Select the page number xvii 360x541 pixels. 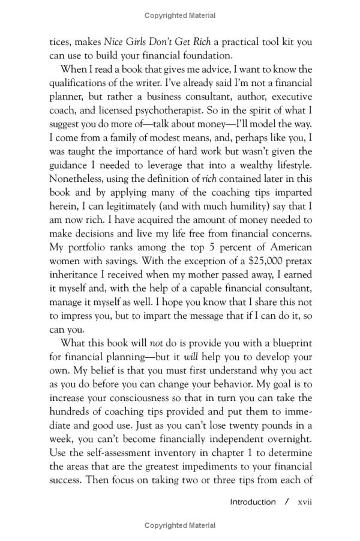click(x=302, y=502)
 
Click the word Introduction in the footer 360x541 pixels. click(x=253, y=502)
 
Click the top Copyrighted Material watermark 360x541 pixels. click(x=180, y=15)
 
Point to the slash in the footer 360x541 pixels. click(x=287, y=502)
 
